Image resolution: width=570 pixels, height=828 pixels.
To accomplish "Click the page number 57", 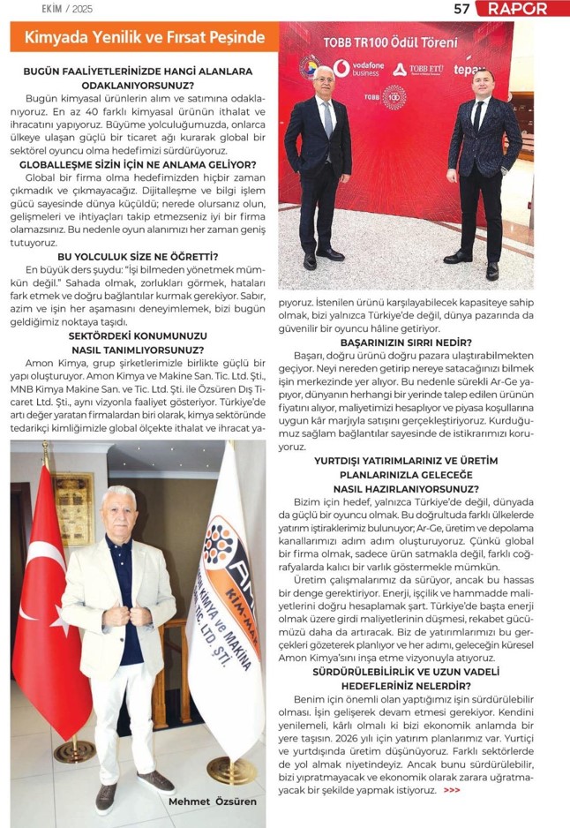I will (x=461, y=9).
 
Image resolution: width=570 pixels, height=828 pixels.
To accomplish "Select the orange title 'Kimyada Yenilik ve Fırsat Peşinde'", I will (x=145, y=37).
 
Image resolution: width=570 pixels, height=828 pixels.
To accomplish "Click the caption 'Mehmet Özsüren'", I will (x=212, y=801).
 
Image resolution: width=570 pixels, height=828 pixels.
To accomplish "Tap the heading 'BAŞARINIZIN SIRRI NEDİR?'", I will (x=406, y=342).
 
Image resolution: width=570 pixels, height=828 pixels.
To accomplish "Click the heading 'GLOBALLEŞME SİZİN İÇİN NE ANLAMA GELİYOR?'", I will (x=137, y=165).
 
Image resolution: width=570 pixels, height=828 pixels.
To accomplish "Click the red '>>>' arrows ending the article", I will (x=452, y=790).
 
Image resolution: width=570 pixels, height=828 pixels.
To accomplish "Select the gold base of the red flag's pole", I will (x=74, y=751).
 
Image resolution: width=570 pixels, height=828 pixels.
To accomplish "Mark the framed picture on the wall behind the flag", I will (x=73, y=508).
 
